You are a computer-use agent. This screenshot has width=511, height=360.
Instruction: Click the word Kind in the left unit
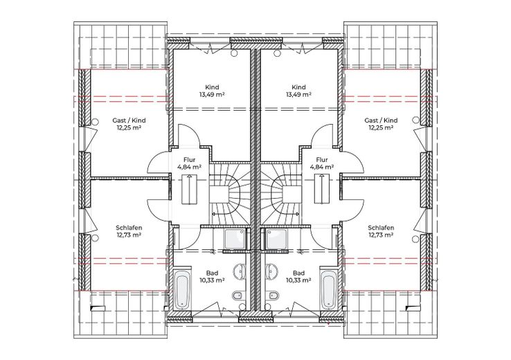(x=212, y=87)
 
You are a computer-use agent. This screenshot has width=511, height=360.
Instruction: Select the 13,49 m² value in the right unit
(x=298, y=95)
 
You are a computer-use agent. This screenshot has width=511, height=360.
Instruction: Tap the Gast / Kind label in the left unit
(x=129, y=120)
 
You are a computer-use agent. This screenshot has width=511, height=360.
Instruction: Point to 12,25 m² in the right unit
(x=381, y=128)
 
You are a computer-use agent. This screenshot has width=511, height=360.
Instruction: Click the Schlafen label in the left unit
(x=129, y=228)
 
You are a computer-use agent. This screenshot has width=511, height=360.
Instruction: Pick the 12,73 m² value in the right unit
(x=381, y=235)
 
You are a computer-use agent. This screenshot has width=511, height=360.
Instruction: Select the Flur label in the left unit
(x=189, y=160)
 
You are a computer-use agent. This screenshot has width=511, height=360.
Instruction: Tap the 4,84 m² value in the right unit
(x=322, y=167)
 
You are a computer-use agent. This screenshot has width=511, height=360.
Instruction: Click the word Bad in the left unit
(x=212, y=273)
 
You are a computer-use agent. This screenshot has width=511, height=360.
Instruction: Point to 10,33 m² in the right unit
(x=298, y=280)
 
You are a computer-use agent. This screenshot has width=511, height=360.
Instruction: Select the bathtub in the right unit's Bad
(x=328, y=289)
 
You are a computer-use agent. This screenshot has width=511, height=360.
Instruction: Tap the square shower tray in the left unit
(x=234, y=238)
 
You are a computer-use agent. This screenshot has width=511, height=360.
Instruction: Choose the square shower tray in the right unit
(x=276, y=238)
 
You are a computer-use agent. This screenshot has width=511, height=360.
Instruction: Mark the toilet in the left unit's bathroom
(x=237, y=296)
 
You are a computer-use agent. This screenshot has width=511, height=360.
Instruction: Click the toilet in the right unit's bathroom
(x=273, y=296)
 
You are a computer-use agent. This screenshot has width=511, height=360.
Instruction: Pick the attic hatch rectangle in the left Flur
(x=189, y=189)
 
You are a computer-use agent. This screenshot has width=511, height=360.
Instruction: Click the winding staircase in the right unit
(x=282, y=194)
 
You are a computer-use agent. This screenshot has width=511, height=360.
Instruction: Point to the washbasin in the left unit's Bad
(x=240, y=271)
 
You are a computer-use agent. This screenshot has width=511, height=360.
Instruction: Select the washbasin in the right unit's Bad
(x=271, y=271)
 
